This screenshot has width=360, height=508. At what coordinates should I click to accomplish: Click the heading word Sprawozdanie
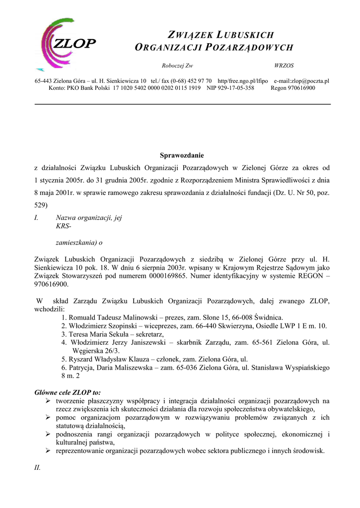[x=182, y=155]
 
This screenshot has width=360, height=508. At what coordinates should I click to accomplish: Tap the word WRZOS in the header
[x=284, y=65]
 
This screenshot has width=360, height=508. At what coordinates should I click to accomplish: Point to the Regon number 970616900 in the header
[x=299, y=88]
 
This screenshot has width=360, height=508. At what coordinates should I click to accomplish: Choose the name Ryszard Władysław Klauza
[x=108, y=359]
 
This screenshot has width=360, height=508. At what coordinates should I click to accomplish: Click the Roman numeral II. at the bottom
[x=38, y=467]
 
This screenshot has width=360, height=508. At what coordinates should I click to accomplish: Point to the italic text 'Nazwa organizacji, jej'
[x=89, y=217]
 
